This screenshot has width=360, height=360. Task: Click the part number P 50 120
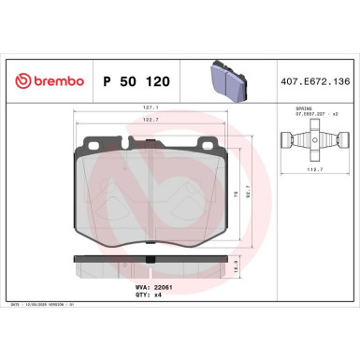click(136, 81)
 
